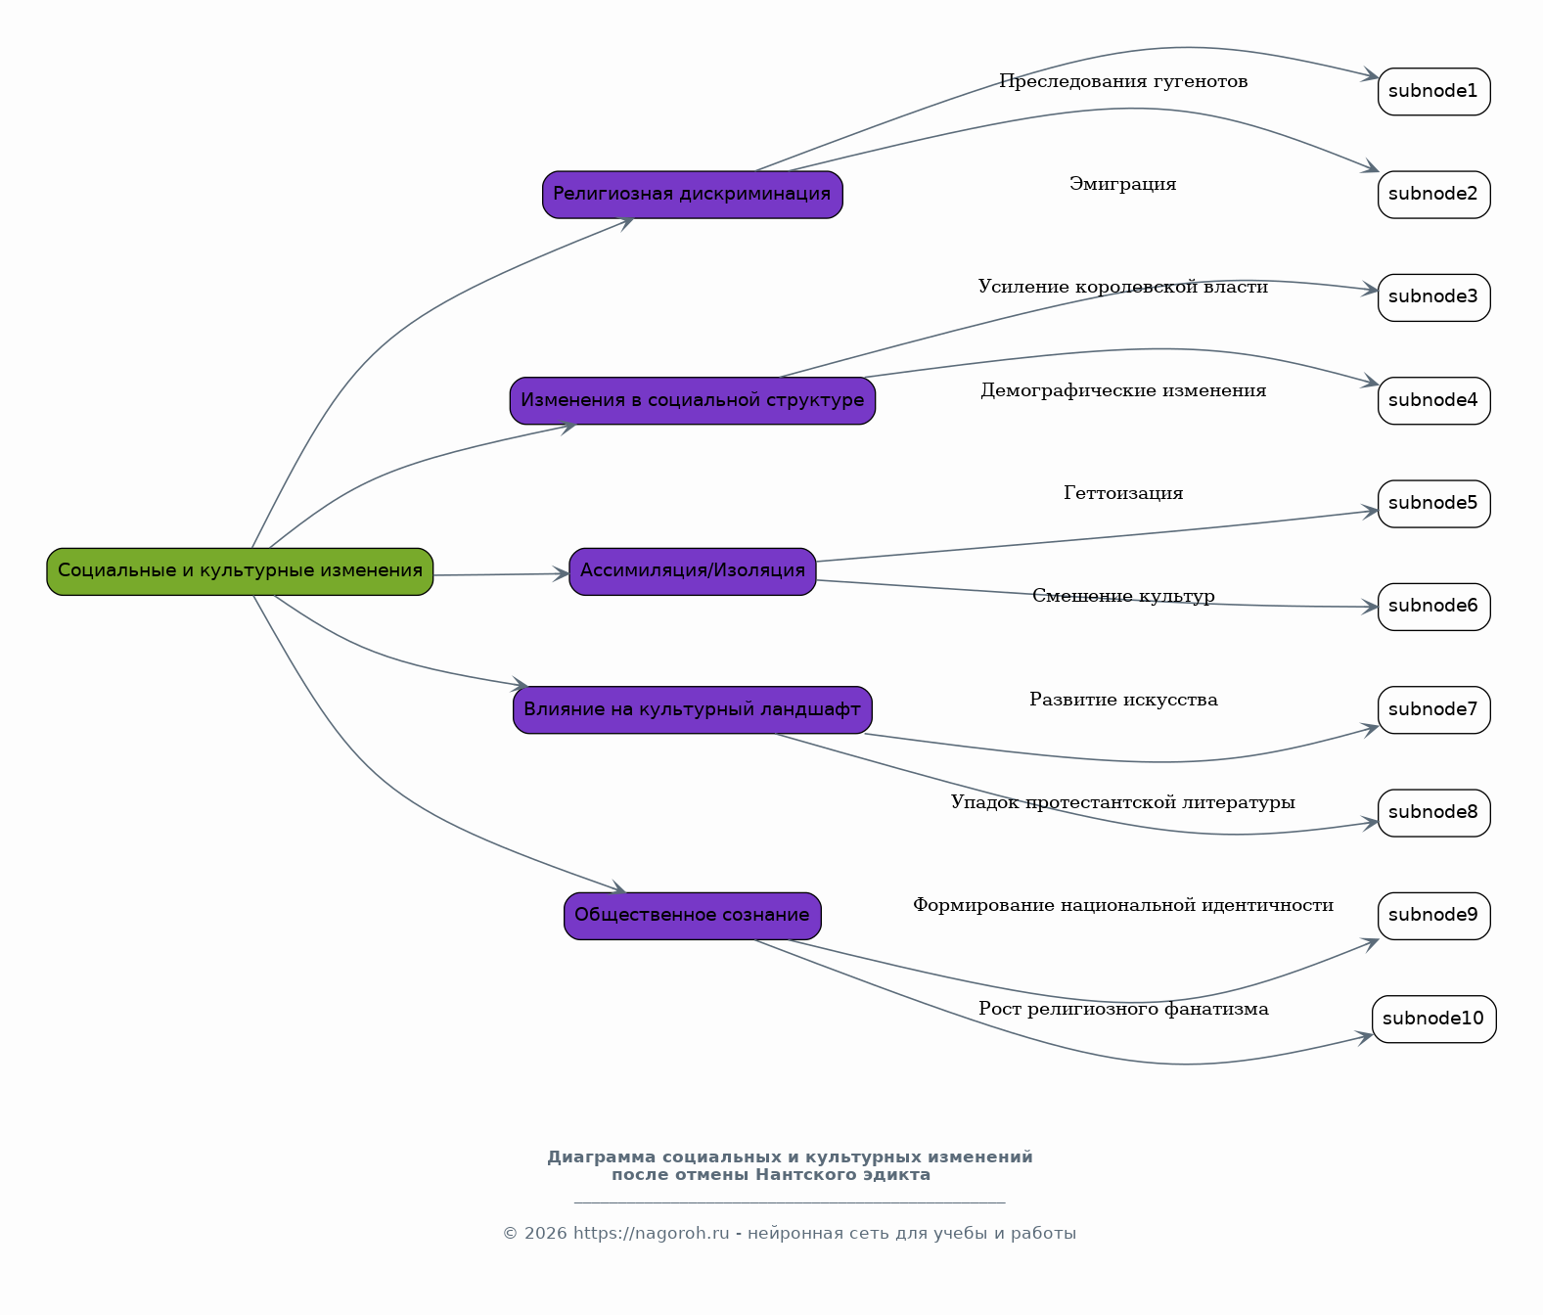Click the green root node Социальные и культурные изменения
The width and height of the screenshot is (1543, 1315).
[x=240, y=571]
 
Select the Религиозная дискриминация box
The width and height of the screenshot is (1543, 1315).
[x=692, y=195]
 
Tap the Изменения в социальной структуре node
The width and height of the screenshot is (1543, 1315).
[x=692, y=401]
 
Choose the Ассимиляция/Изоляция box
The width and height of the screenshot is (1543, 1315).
[x=692, y=571]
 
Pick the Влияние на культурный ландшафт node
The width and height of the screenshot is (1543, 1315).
[x=692, y=709]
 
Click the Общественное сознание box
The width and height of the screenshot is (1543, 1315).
[x=692, y=916]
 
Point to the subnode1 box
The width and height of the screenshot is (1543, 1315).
[x=1433, y=92]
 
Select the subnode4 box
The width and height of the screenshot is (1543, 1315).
[x=1433, y=401]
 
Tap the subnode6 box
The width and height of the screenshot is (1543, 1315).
[x=1433, y=607]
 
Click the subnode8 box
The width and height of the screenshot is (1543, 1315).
[x=1433, y=813]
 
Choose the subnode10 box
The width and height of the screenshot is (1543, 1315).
[x=1433, y=1019]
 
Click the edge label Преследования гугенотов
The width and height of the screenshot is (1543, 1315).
[x=1122, y=81]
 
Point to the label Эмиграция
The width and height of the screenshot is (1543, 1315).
[x=1122, y=184]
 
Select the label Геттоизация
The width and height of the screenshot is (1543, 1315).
[x=1122, y=492]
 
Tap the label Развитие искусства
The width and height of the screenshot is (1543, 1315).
[x=1122, y=700]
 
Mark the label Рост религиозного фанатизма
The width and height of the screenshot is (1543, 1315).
[x=1122, y=1009]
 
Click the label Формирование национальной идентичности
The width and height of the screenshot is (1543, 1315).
[x=1122, y=905]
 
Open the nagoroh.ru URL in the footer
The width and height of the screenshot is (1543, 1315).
[x=651, y=1233]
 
